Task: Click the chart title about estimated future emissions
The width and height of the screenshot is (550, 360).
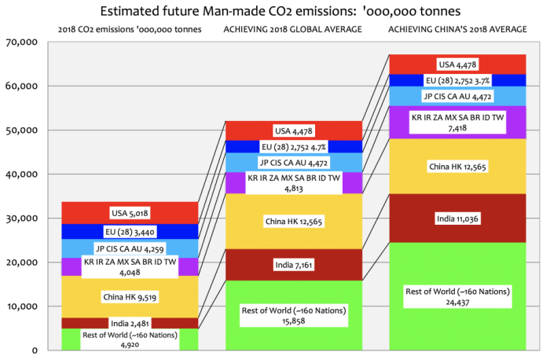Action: (x=275, y=11)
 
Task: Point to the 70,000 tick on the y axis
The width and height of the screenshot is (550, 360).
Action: (x=23, y=42)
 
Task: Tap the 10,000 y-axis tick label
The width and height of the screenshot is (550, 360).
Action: (x=23, y=306)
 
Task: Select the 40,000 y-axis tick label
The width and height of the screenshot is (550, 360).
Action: (x=23, y=174)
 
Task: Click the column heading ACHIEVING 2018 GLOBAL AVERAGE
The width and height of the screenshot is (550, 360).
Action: (x=293, y=29)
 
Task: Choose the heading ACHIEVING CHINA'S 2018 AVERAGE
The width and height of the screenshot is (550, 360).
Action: (x=457, y=29)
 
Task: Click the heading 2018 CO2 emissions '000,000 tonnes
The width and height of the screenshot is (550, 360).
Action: (x=129, y=29)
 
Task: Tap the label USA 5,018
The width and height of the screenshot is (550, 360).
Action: (x=130, y=212)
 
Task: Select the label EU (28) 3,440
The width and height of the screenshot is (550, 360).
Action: (x=130, y=232)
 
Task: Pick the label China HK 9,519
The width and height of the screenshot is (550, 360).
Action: (x=130, y=296)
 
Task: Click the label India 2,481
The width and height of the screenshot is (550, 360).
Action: (x=130, y=323)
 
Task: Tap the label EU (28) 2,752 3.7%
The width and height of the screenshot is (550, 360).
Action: (x=458, y=80)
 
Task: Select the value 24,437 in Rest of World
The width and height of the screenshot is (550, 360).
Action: (x=458, y=302)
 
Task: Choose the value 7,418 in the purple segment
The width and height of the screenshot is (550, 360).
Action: (x=458, y=127)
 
